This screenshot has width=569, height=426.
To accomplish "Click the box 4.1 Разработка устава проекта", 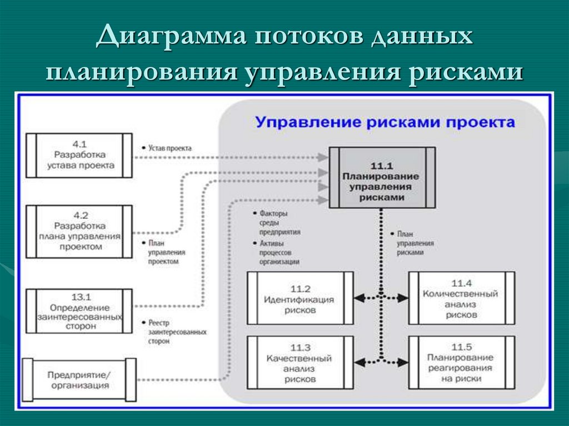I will coord(79,155).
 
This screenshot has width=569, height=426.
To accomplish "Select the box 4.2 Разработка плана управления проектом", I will coord(79,232).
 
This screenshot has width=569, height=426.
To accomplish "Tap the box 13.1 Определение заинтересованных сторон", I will coord(79,311).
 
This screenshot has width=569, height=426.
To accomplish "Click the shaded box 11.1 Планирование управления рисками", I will coord(381,177).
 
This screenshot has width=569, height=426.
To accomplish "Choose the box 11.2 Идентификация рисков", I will coord(300,298).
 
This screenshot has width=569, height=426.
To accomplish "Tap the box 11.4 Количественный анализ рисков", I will coord(461,298).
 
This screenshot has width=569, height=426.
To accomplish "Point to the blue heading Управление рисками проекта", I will coord(385,122).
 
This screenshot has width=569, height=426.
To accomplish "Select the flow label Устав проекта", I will coord(169,148).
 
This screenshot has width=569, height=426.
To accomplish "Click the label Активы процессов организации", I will coord(276,252).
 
